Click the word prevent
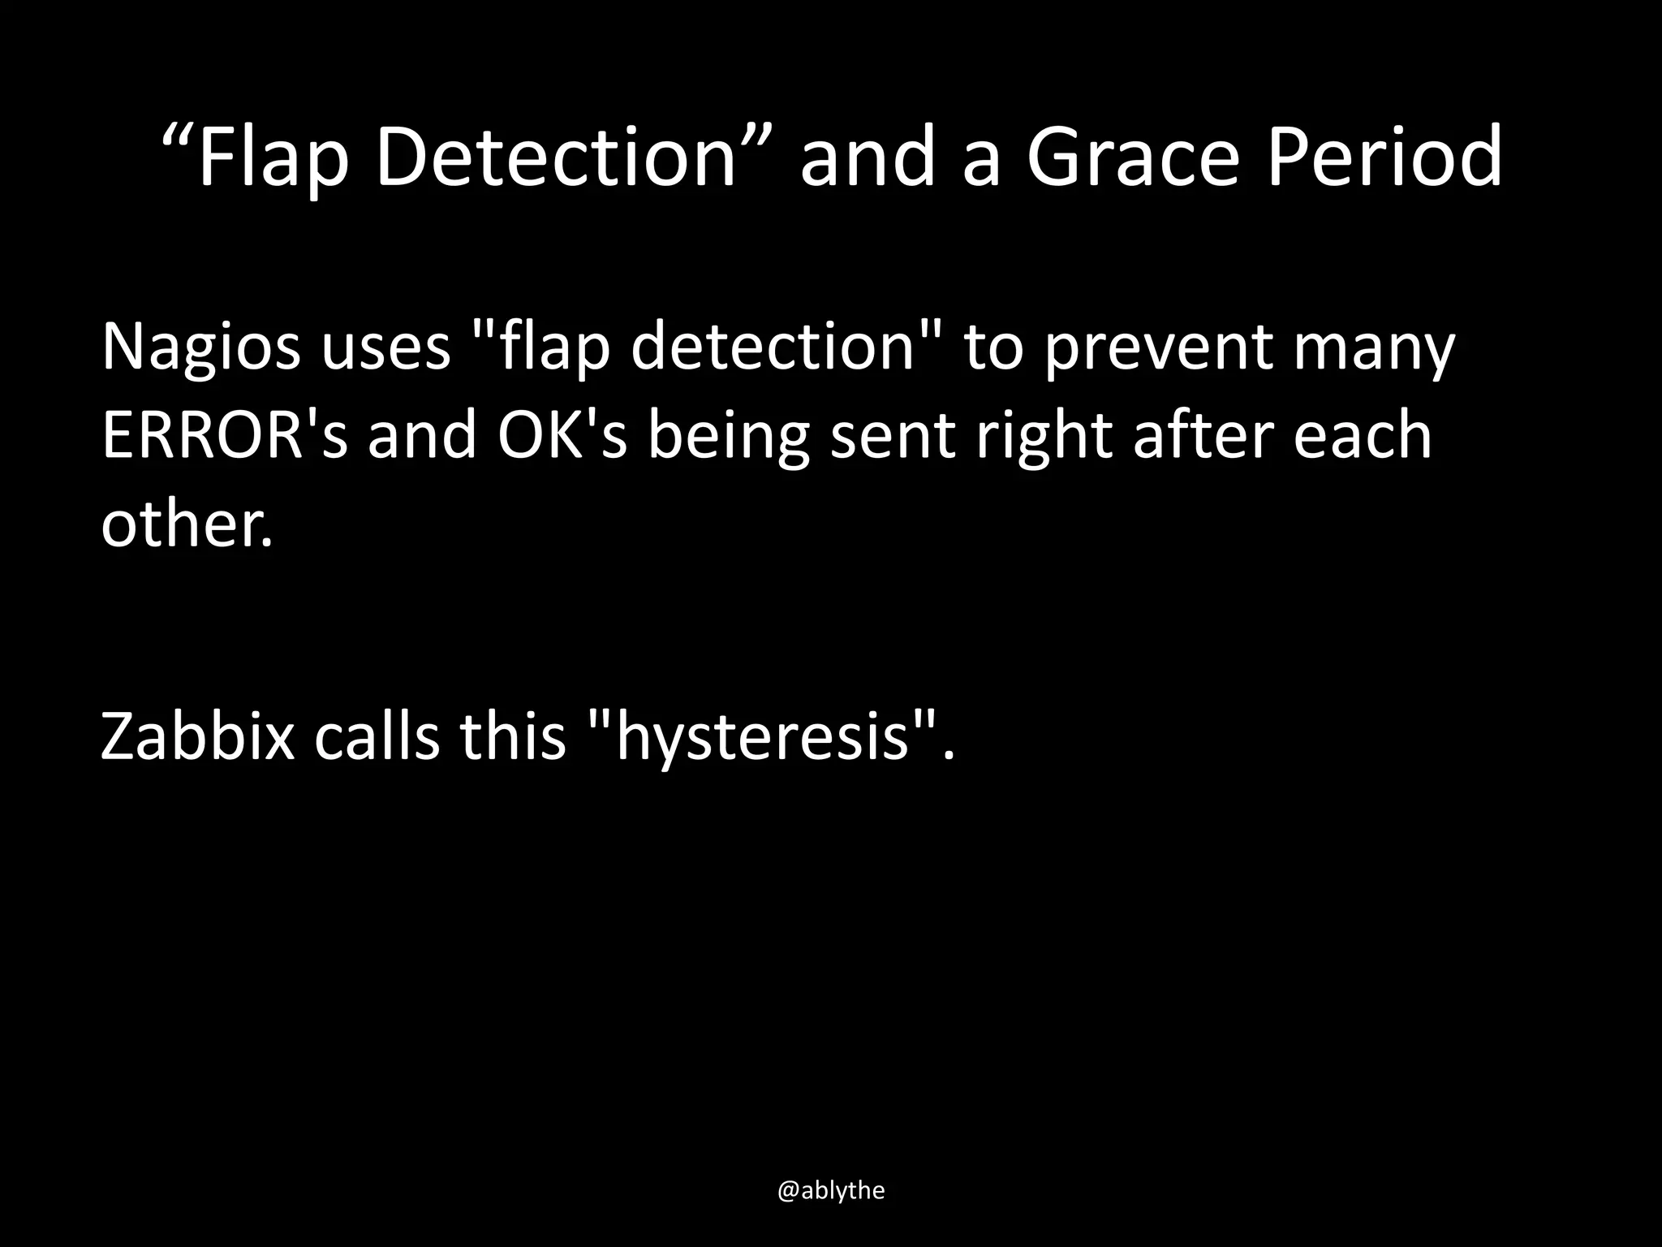point(1159,347)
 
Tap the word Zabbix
point(197,737)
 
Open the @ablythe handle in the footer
point(831,1190)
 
